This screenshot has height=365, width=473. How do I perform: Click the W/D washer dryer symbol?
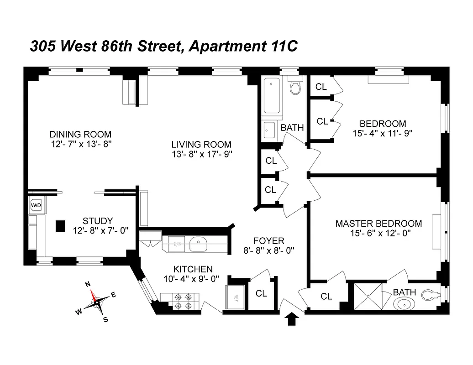pos(36,205)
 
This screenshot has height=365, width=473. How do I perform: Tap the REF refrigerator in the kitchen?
pos(235,298)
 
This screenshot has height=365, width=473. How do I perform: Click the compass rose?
pos(96,302)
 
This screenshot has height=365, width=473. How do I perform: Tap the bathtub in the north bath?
pos(273,96)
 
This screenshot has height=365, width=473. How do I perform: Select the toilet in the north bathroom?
pos(296,86)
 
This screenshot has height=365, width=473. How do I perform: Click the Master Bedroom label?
pos(378,224)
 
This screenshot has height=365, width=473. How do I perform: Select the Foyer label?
pos(269,240)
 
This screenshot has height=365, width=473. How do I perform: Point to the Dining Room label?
pos(80,134)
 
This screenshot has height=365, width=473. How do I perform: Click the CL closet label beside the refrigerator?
pos(261,294)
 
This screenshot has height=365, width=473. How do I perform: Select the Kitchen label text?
pos(192,269)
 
